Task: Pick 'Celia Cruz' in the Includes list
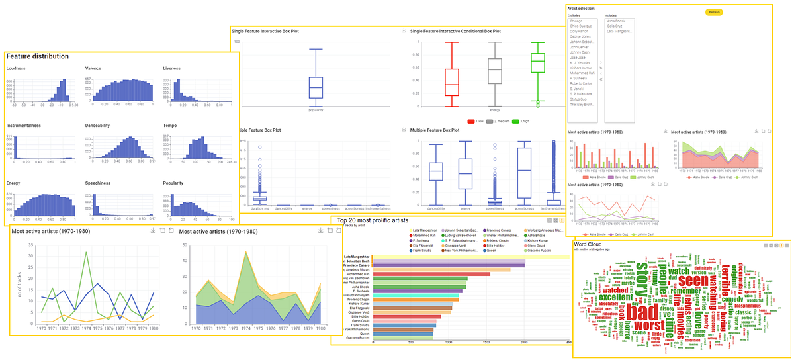coord(615,26)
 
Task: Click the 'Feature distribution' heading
coord(38,56)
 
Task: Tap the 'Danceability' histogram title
coord(99,126)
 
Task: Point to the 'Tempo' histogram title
coord(171,126)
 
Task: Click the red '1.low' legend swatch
coord(470,122)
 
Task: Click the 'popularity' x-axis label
coord(316,111)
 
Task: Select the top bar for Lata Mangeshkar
coord(470,257)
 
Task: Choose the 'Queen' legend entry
coord(491,251)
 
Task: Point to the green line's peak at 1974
coord(86,252)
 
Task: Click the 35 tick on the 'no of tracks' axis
coord(29,244)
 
